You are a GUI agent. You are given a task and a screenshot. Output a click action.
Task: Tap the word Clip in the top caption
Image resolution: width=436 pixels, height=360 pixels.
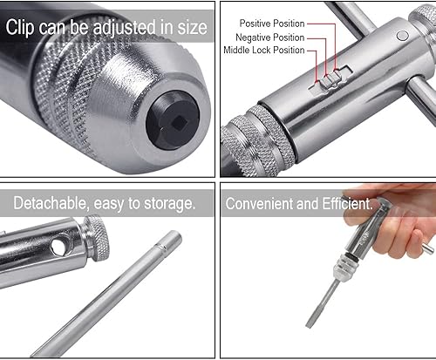tap(20, 28)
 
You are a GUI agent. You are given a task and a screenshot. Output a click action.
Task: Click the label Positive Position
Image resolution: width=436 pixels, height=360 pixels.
tap(272, 24)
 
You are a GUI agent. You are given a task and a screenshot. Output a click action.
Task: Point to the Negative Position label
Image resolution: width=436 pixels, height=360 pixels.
tap(270, 37)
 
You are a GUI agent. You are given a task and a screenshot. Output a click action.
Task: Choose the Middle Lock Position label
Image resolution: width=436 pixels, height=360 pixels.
tap(264, 50)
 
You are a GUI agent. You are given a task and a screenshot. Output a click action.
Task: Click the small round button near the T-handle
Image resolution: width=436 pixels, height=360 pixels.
tap(403, 36)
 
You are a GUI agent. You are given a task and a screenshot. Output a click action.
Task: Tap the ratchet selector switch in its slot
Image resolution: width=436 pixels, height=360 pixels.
tap(330, 79)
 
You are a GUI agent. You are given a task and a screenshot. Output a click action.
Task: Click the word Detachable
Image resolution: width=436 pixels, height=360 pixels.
tap(50, 203)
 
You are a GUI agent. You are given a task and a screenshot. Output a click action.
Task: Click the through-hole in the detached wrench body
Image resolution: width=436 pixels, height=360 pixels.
tap(59, 247)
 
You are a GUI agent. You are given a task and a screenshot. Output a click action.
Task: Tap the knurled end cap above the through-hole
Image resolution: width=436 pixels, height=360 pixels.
tap(96, 238)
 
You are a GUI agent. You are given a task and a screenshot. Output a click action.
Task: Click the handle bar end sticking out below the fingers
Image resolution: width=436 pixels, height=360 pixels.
tap(428, 249)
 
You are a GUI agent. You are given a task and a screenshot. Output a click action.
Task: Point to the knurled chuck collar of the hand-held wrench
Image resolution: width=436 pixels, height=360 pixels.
tap(344, 268)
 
